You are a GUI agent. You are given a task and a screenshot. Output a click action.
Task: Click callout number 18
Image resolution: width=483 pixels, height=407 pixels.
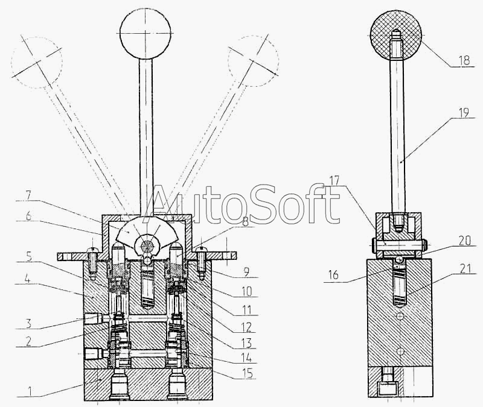(464, 60)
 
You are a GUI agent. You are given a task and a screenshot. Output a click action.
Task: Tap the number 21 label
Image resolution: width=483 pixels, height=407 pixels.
(465, 269)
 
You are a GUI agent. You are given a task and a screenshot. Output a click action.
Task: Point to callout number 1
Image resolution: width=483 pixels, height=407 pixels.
(30, 391)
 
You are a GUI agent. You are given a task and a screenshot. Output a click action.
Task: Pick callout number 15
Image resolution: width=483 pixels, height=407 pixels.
(247, 373)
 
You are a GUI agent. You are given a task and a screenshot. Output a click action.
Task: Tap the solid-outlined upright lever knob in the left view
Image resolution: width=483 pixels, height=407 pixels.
(146, 33)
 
